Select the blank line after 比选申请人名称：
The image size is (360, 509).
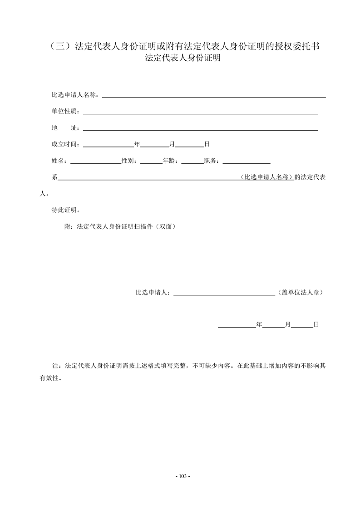tap(213, 96)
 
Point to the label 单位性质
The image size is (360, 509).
tap(65, 112)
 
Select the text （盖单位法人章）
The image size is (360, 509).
tap(300, 293)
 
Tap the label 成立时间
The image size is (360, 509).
tap(65, 145)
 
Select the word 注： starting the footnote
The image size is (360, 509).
tap(58, 366)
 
